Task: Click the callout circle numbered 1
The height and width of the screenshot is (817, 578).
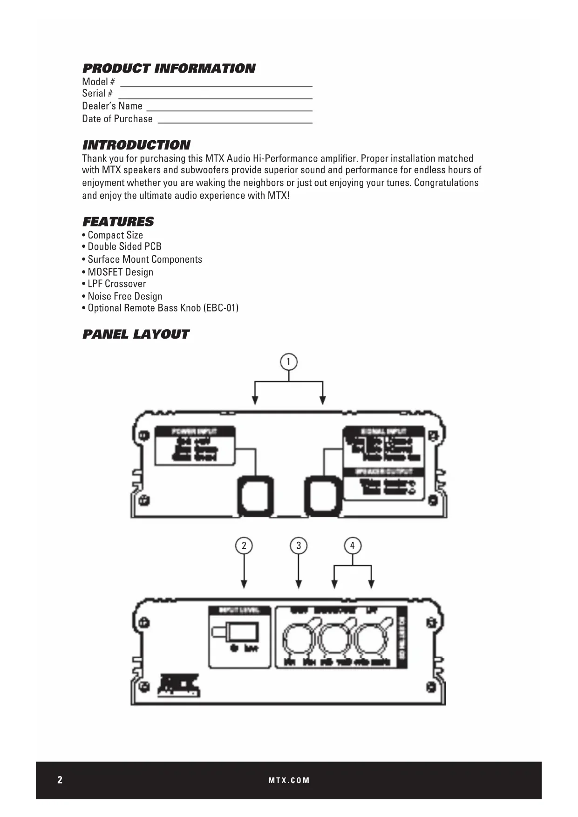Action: [289, 362]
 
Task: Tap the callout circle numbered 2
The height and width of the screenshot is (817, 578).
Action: [244, 545]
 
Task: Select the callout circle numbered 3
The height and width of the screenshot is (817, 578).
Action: [299, 545]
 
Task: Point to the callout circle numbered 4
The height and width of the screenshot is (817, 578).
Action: [353, 545]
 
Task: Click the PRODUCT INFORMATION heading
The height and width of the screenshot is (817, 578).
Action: [169, 68]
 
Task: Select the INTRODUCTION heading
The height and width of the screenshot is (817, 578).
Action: [136, 145]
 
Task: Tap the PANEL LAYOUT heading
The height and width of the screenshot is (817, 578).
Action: [136, 334]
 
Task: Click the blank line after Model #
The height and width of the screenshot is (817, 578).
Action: [216, 84]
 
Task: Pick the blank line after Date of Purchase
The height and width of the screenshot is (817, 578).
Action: [235, 120]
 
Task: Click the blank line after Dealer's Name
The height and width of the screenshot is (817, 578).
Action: [229, 108]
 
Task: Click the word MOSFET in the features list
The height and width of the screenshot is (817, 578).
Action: [102, 272]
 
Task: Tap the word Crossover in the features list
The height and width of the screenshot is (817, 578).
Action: [125, 284]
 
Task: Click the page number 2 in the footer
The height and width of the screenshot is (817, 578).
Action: [60, 780]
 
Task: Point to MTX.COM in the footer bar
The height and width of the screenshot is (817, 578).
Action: [289, 780]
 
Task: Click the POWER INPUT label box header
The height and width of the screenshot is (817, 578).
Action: [195, 431]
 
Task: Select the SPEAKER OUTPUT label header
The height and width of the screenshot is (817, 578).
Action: [383, 471]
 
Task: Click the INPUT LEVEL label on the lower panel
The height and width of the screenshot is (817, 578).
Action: [239, 610]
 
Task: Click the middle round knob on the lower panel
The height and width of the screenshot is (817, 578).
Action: [336, 640]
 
